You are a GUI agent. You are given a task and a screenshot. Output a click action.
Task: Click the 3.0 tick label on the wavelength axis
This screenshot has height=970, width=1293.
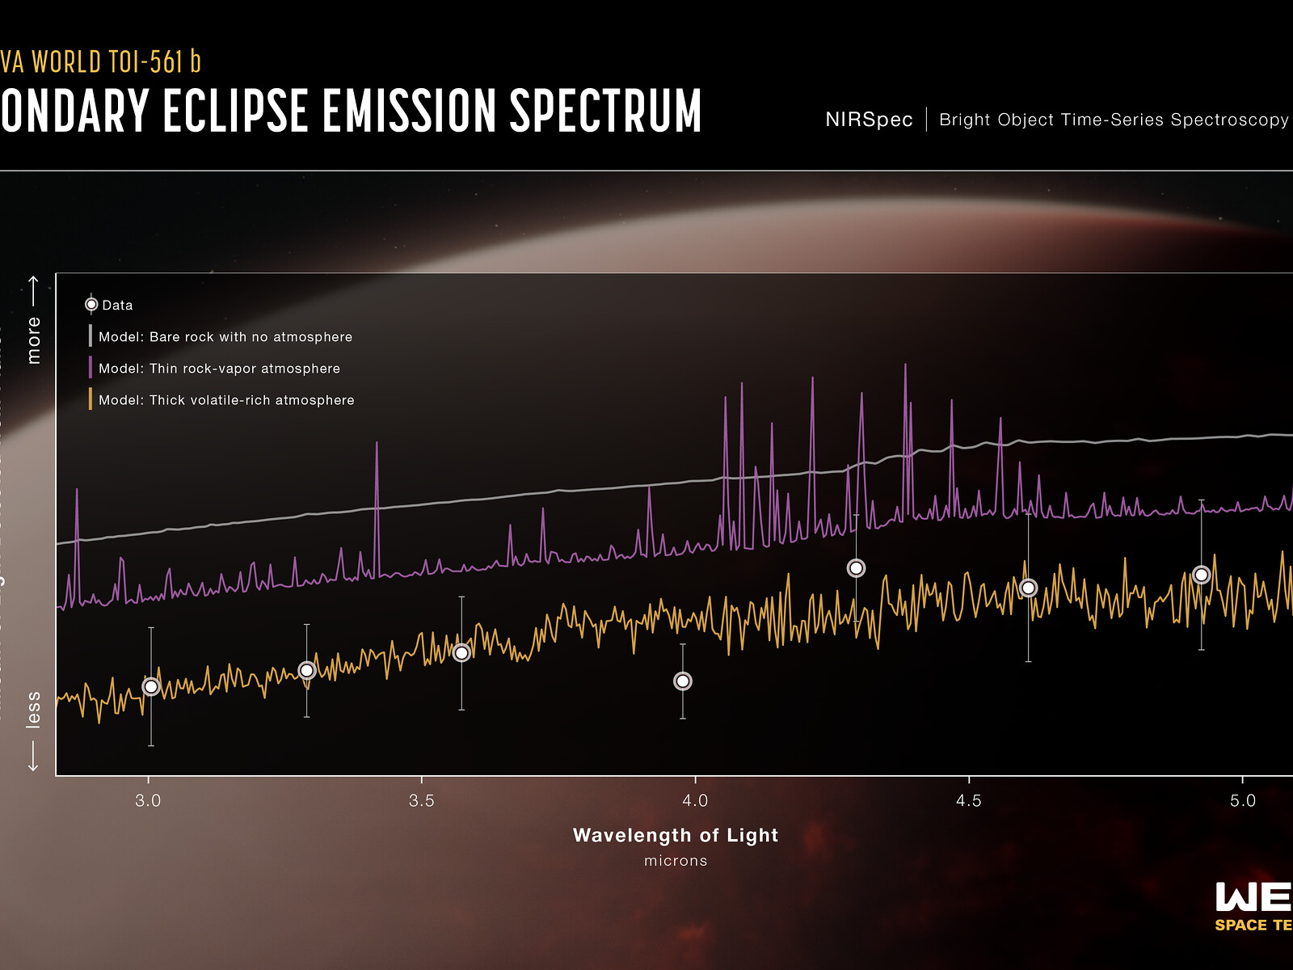click(148, 800)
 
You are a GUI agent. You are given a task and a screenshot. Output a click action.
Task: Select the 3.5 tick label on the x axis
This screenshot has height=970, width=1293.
click(421, 800)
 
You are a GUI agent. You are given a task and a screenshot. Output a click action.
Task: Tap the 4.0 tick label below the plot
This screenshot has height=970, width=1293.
click(695, 800)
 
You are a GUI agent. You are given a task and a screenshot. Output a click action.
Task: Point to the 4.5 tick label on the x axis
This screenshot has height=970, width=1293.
click(968, 800)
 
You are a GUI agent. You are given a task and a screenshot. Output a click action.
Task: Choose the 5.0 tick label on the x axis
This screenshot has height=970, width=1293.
click(1242, 800)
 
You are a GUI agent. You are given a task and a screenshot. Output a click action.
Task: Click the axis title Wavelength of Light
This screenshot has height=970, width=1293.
click(676, 835)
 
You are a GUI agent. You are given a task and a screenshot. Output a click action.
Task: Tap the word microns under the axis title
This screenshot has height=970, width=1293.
click(676, 861)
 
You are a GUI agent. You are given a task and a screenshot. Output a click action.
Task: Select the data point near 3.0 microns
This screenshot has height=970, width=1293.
click(151, 686)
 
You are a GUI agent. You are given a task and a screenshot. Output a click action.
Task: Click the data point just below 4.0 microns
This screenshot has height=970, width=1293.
click(683, 681)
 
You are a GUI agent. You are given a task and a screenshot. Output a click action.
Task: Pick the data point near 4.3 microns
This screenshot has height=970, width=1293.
click(856, 568)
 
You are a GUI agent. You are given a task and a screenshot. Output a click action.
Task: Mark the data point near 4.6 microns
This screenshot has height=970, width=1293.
click(1028, 588)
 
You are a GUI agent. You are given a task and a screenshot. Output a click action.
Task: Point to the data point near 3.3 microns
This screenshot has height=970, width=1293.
click(306, 670)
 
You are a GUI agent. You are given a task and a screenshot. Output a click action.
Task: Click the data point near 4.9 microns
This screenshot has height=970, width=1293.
click(1202, 575)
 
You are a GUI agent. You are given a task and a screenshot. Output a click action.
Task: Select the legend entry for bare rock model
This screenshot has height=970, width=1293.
click(225, 337)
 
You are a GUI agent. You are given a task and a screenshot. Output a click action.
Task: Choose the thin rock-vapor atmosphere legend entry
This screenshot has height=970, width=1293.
click(219, 369)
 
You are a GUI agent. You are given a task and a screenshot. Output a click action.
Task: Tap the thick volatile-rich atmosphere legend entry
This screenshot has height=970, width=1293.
click(226, 400)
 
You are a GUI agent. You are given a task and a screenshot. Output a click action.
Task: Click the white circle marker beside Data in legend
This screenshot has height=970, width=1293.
click(91, 305)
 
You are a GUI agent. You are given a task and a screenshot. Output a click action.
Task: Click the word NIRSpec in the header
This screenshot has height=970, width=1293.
click(869, 120)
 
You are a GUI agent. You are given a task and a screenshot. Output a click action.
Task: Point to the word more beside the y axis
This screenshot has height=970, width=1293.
click(34, 339)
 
